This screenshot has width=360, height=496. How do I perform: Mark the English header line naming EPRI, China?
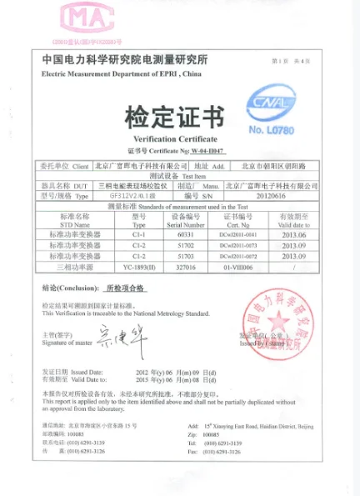tap(122, 75)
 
